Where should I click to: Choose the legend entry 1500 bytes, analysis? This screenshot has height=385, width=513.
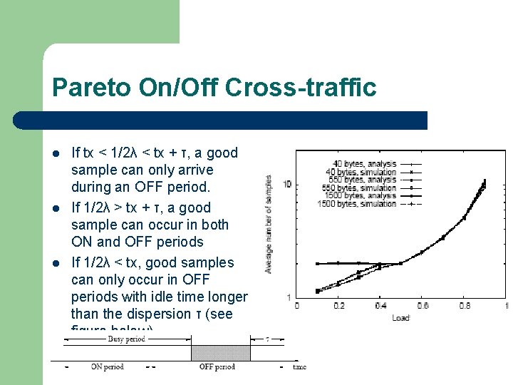tap(356, 196)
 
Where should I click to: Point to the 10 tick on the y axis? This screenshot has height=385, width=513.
tap(287, 185)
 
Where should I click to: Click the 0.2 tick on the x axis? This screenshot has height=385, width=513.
tap(339, 306)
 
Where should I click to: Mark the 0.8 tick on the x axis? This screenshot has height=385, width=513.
tap(465, 306)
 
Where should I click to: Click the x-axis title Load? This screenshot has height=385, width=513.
tap(400, 317)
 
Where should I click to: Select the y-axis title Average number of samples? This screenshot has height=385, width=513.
tap(269, 224)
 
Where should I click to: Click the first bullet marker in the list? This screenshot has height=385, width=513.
tap(56, 153)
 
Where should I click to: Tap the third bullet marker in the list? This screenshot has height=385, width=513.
tap(56, 263)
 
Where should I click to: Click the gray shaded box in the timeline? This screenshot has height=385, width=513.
tap(220, 353)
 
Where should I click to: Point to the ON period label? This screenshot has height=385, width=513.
tap(107, 367)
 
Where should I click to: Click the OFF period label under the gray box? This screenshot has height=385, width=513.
tap(217, 367)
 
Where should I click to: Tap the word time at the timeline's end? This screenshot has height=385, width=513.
tap(299, 367)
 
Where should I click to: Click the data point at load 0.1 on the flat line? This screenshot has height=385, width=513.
tap(318, 264)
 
